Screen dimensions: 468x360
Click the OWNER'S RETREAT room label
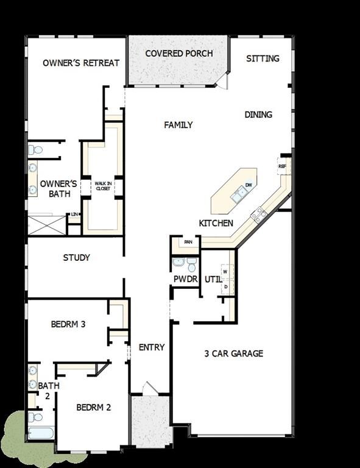pyautogui.click(x=81, y=63)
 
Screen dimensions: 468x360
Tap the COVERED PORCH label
pyautogui.click(x=179, y=54)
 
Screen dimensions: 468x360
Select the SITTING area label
pyautogui.click(x=263, y=58)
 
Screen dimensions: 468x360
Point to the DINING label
pyautogui.click(x=258, y=115)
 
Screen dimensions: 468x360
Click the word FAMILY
pyautogui.click(x=178, y=125)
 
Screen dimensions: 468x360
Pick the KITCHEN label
pyautogui.click(x=216, y=224)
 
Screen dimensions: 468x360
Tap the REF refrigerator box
pyautogui.click(x=283, y=166)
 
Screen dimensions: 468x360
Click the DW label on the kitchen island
pyautogui.click(x=249, y=185)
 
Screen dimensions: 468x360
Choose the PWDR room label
pyautogui.click(x=186, y=279)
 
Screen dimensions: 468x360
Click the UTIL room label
pyautogui.click(x=213, y=279)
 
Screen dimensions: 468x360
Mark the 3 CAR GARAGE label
pyautogui.click(x=234, y=353)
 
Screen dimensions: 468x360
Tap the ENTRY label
pyautogui.click(x=152, y=347)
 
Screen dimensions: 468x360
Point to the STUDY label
pyautogui.click(x=77, y=258)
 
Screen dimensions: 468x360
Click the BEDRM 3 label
pyautogui.click(x=68, y=324)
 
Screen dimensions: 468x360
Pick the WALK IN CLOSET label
pyautogui.click(x=102, y=186)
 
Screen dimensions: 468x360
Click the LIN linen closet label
pyautogui.click(x=74, y=214)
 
